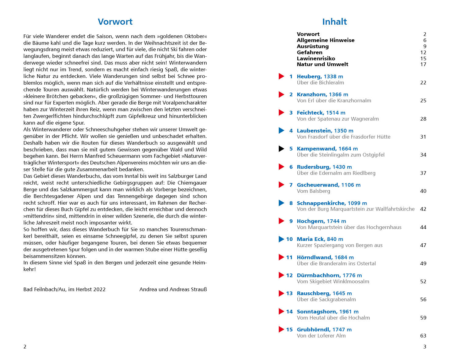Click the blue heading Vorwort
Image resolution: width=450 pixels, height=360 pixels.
(x=115, y=22)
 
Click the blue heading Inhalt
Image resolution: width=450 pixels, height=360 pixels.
(x=334, y=22)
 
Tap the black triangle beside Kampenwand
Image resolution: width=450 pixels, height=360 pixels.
(x=281, y=149)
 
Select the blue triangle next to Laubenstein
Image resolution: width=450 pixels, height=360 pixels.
(x=281, y=131)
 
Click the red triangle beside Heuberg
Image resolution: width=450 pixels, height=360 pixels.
(x=281, y=76)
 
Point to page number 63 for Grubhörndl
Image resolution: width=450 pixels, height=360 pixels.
(x=423, y=336)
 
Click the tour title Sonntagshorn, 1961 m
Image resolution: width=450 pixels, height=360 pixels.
(x=328, y=312)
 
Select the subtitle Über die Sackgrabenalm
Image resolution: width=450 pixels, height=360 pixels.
(x=326, y=299)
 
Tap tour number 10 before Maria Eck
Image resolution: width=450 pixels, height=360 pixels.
(x=289, y=239)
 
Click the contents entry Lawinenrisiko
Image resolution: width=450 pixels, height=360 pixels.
(x=316, y=58)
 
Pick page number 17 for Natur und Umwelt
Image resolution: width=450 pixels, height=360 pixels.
(x=423, y=64)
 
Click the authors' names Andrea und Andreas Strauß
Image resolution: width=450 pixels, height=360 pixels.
(x=173, y=289)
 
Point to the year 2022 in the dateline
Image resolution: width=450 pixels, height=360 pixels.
(x=99, y=289)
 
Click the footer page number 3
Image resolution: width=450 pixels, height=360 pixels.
(x=424, y=347)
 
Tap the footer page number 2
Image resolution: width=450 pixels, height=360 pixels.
(x=25, y=347)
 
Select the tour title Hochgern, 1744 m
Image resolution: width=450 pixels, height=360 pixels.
(x=321, y=221)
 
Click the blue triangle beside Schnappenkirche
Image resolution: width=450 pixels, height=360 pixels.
(x=281, y=203)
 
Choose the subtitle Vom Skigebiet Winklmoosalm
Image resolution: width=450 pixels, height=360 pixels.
(x=333, y=281)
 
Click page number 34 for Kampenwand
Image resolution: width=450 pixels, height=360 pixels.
(x=423, y=155)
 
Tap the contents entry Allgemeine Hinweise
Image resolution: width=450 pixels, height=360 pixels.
(x=325, y=40)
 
